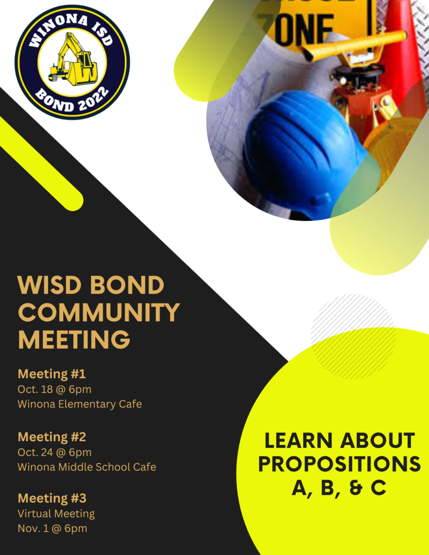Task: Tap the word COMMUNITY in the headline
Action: click(99, 312)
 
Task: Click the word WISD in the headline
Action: click(49, 285)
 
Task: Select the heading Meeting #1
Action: click(52, 374)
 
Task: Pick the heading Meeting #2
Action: click(52, 437)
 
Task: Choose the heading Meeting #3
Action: click(52, 498)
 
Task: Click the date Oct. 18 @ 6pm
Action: click(55, 389)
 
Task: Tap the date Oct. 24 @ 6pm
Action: click(55, 453)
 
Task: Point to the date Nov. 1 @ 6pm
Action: click(53, 528)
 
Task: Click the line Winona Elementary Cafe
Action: click(80, 404)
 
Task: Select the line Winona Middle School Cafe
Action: click(87, 467)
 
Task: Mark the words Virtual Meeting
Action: click(56, 514)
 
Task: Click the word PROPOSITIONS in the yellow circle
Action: click(340, 464)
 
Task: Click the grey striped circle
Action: click(353, 336)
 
